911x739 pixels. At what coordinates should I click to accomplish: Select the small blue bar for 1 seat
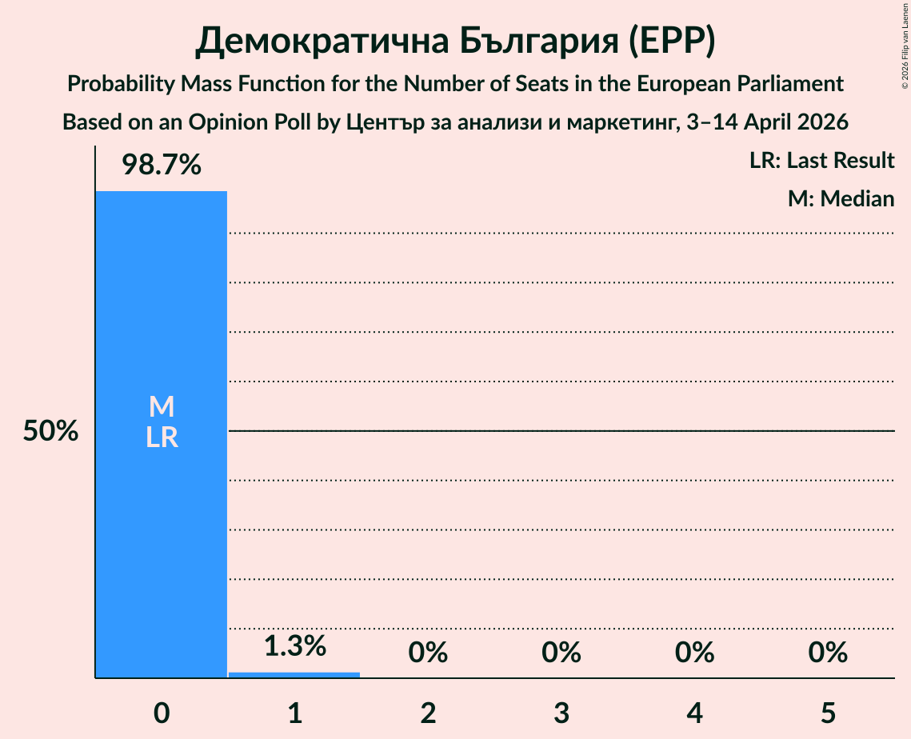[294, 674]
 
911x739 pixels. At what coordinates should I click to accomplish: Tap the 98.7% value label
[162, 166]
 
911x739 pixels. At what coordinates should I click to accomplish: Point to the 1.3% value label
[294, 646]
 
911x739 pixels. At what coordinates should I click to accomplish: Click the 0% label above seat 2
[428, 653]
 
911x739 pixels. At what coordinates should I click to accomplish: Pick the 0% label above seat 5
[828, 653]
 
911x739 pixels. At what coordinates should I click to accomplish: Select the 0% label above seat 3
[561, 653]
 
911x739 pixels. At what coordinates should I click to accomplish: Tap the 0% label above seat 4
[694, 653]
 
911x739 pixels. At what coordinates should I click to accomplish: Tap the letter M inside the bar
[162, 407]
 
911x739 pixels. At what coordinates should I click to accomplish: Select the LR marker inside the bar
[162, 437]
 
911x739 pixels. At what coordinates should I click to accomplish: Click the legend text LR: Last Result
[821, 161]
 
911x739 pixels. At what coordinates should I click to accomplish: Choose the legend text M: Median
[841, 198]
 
